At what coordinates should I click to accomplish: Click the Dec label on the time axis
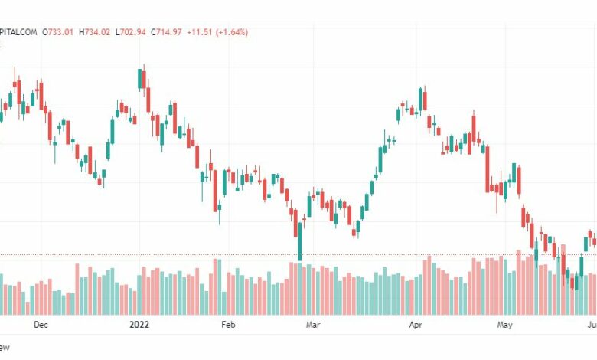[x=41, y=325]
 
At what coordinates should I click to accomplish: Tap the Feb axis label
[x=227, y=325]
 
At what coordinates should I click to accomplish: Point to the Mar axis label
[x=312, y=325]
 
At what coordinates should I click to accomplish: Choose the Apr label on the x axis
[x=416, y=325]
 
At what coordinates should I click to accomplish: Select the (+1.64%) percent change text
[x=233, y=32]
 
